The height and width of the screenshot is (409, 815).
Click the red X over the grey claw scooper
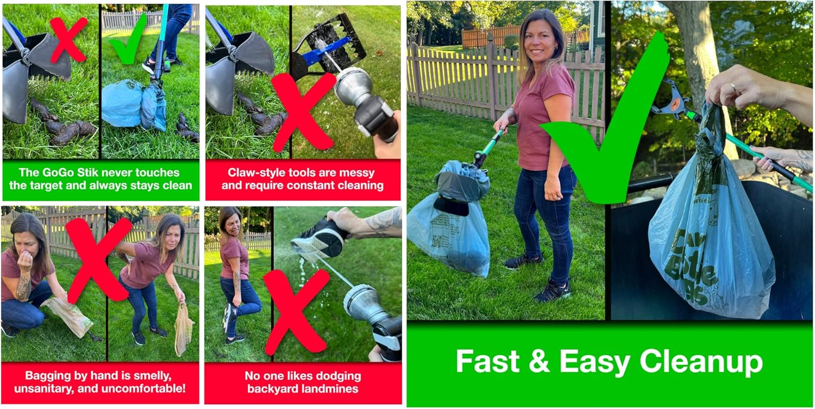pyautogui.click(x=68, y=39)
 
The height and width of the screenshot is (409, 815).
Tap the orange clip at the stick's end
pyautogui.click(x=675, y=104)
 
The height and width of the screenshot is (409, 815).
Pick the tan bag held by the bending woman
pyautogui.click(x=184, y=330)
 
